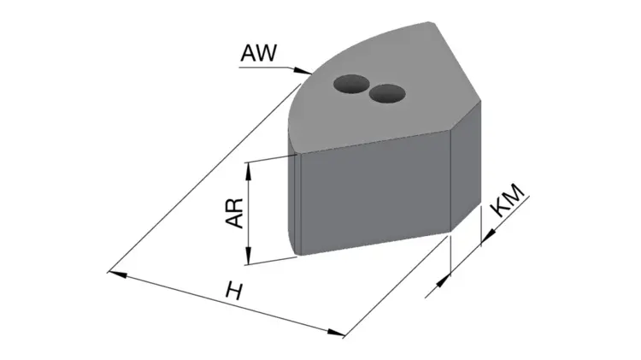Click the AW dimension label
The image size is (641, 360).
point(259,53)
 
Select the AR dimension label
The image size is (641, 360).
point(235,213)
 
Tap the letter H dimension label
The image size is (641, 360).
point(234,292)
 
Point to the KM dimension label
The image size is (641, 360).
point(509,200)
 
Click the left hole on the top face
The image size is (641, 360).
point(351,84)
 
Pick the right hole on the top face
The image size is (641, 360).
point(387,94)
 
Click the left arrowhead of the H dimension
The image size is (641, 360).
point(117,274)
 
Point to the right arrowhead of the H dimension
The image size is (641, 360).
point(336,333)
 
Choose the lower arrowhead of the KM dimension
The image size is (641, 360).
point(444,281)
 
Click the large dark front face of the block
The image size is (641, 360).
point(375,194)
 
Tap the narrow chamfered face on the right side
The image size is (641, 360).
point(466,166)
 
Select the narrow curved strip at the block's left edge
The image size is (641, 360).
point(295,199)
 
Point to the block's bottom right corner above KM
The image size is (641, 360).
point(450,232)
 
